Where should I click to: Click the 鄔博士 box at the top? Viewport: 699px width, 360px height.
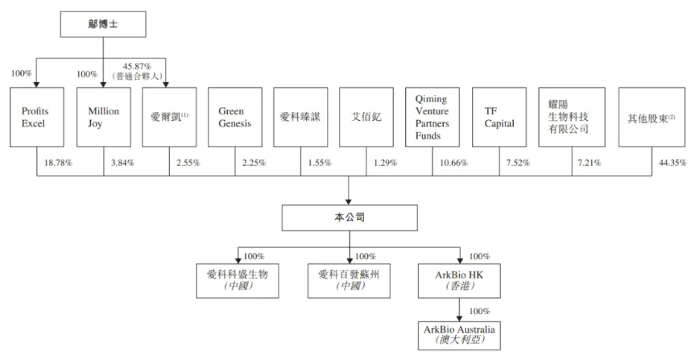click(x=103, y=24)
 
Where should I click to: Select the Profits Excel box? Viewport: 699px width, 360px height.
click(x=37, y=117)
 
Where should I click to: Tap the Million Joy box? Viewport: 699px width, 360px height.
click(x=103, y=117)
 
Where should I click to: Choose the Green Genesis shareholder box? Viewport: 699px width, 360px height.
click(x=235, y=117)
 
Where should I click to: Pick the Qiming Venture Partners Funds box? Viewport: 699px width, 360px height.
click(x=432, y=117)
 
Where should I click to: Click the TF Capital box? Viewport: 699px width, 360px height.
click(x=499, y=117)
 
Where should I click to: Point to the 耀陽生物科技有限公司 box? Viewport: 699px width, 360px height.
click(x=572, y=117)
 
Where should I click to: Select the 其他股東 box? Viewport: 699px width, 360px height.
click(x=651, y=117)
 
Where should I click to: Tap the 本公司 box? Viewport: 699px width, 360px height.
click(x=349, y=217)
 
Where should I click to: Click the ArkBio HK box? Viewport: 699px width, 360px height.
click(x=459, y=280)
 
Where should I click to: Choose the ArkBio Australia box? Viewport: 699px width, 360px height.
click(x=459, y=336)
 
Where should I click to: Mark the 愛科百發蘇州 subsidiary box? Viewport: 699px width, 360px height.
click(x=349, y=280)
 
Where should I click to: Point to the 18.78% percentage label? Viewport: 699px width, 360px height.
click(x=58, y=163)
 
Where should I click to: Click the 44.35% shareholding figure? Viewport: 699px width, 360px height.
click(x=672, y=163)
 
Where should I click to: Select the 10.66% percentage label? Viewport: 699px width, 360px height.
click(x=454, y=163)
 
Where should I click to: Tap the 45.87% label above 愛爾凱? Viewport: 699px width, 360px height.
click(x=137, y=67)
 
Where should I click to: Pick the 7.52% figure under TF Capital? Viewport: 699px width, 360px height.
click(x=518, y=163)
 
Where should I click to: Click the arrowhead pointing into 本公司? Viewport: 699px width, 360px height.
click(x=349, y=201)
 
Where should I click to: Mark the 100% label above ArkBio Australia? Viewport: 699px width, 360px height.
click(x=480, y=311)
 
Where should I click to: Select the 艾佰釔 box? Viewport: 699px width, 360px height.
click(x=366, y=117)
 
